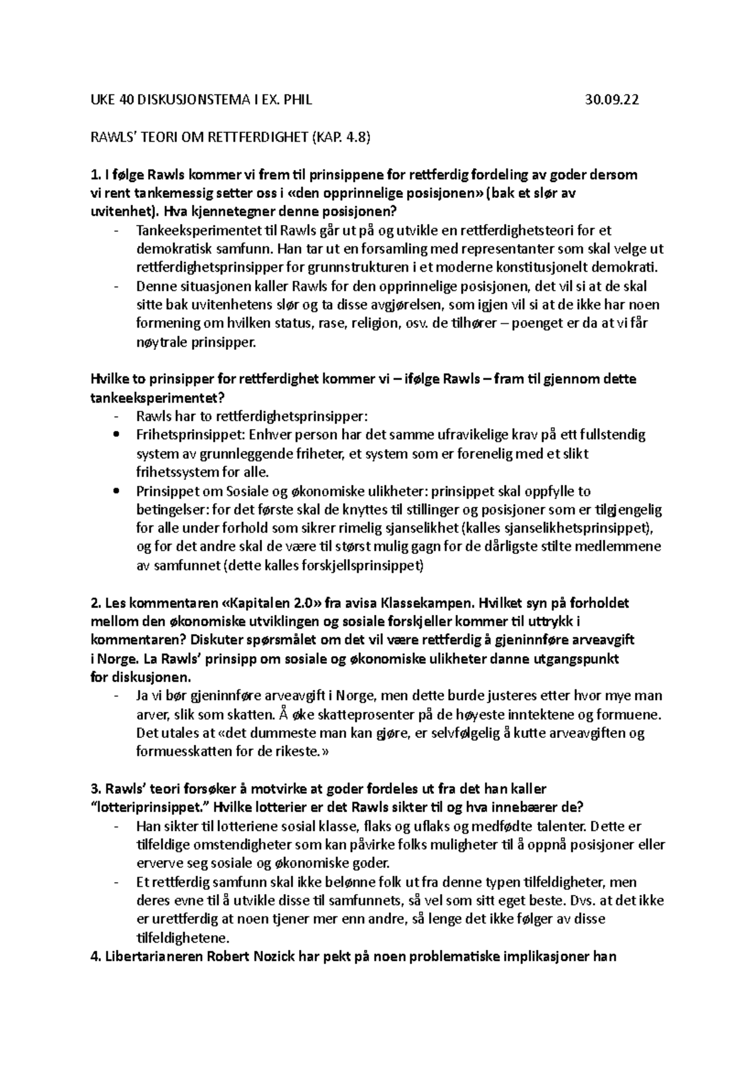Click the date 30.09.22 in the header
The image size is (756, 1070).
coord(612,100)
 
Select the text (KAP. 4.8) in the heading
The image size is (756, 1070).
coord(338,137)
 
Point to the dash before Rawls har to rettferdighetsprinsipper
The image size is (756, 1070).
coord(116,417)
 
